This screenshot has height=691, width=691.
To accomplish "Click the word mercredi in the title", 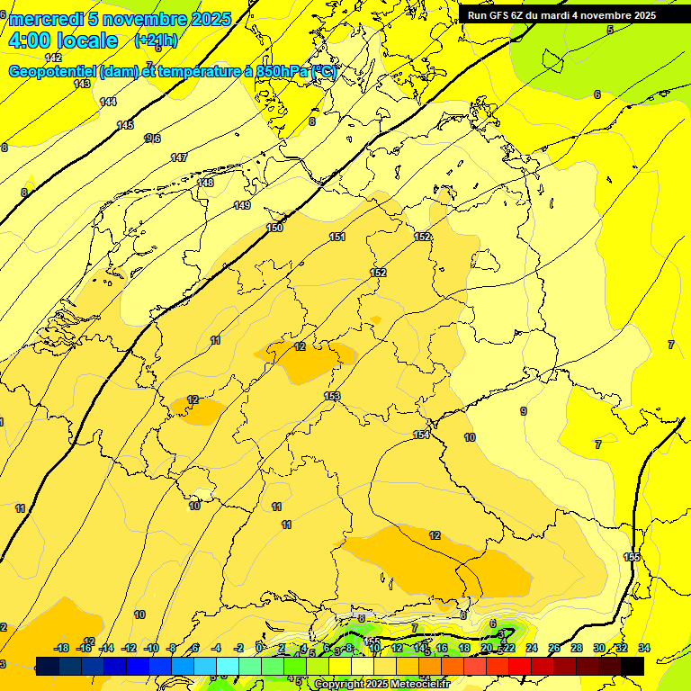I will tap(45, 19).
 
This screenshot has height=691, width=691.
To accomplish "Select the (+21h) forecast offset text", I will tap(156, 40).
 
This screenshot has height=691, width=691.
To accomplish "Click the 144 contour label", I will tap(108, 102).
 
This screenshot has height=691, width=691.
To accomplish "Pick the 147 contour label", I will tap(179, 157).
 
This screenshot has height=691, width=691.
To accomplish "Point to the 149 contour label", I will tap(242, 205).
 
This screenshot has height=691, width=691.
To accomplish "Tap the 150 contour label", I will tap(274, 228).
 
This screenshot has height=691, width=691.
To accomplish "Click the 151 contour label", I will tap(337, 237).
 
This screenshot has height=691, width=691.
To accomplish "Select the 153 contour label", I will tap(332, 396).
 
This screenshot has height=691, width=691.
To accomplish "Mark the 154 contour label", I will tap(421, 435).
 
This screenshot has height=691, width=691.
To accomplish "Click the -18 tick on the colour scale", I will tap(61, 648).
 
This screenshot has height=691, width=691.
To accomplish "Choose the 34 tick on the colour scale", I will tap(644, 648).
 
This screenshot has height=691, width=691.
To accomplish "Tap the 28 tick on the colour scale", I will tap(577, 648).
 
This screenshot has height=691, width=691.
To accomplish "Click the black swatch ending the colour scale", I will tap(633, 666).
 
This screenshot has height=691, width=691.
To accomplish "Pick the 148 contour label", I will tap(205, 183).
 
